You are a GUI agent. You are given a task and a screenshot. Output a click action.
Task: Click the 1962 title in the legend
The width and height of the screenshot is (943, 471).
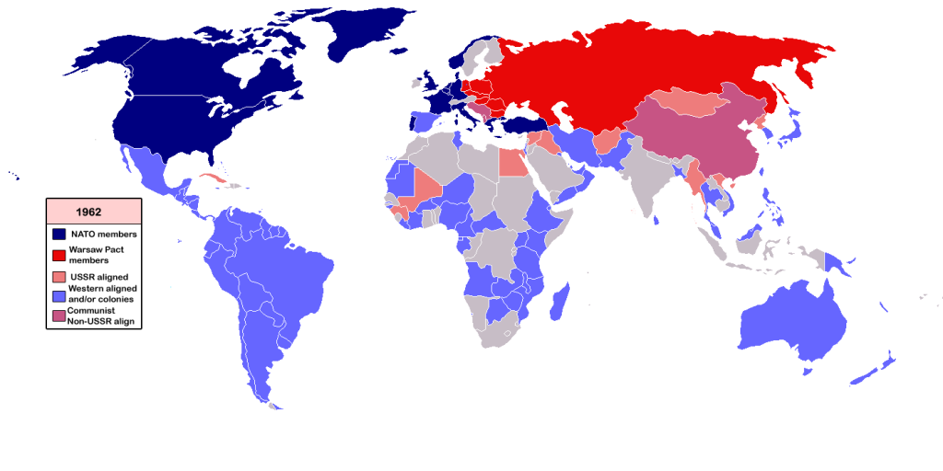point(94,211)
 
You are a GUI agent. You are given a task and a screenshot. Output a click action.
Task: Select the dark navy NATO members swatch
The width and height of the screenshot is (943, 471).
point(59,234)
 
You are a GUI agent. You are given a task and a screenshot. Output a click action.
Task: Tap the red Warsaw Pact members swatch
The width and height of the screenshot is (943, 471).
point(59,255)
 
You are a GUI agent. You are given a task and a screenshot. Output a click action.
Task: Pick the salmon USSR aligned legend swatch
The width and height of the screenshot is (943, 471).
point(59,276)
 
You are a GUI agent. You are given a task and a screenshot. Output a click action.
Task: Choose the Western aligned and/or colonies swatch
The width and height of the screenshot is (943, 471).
point(59,295)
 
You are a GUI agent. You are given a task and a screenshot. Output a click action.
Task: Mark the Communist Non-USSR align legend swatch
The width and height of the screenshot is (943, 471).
point(59,316)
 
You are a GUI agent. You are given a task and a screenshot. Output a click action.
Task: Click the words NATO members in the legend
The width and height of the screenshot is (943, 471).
point(103,235)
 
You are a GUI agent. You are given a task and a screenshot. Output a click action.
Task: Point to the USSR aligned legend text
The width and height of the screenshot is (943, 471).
point(98,276)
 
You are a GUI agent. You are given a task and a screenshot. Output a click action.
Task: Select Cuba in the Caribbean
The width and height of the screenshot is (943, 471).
point(214,178)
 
